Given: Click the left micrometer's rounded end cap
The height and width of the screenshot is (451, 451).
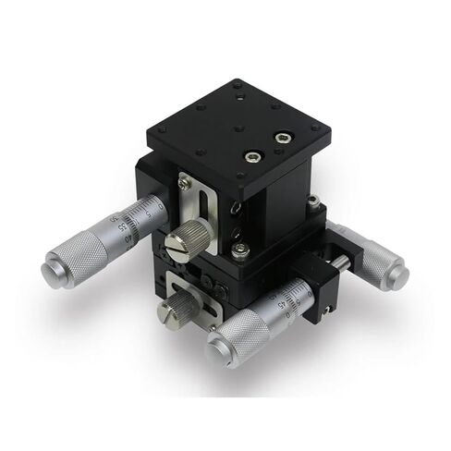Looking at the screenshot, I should [50, 271].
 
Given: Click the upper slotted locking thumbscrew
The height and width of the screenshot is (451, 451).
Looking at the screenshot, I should [178, 244].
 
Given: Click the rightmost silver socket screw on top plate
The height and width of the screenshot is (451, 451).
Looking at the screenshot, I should [281, 139].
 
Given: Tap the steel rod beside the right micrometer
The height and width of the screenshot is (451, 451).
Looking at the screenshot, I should [339, 263].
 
